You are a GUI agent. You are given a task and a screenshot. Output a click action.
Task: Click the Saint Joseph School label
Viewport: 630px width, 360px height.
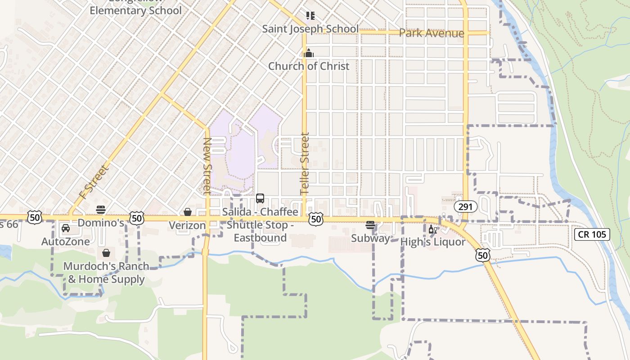(x=310, y=29)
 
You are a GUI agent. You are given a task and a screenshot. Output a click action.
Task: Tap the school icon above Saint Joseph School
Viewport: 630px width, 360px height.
(x=310, y=16)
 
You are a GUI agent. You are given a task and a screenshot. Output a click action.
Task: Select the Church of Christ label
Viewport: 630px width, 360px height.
(x=309, y=66)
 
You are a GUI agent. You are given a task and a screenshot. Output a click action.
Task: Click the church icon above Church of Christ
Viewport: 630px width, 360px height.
(x=308, y=53)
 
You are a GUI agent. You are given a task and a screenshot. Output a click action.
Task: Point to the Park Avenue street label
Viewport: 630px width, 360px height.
(x=431, y=33)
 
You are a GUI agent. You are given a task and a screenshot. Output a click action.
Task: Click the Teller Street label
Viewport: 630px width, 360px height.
(x=305, y=163)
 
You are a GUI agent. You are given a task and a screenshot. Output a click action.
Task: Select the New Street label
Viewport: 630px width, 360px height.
(x=207, y=166)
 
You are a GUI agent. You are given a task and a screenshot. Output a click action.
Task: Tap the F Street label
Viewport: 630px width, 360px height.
(x=94, y=182)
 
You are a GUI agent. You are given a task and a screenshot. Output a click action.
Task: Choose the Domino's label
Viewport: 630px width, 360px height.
(x=101, y=223)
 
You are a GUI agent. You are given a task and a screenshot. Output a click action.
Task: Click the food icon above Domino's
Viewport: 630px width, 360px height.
(x=101, y=210)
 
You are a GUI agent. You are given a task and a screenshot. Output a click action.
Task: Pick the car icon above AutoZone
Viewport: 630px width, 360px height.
(x=66, y=228)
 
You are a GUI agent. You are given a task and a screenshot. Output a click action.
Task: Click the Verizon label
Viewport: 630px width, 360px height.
(x=187, y=225)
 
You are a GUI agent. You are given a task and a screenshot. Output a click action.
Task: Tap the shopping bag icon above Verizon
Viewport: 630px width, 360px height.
(x=188, y=211)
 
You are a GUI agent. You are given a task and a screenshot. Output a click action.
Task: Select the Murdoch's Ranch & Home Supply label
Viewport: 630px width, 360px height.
(x=106, y=272)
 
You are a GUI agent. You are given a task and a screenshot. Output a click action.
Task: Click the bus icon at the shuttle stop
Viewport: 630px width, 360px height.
(x=260, y=198)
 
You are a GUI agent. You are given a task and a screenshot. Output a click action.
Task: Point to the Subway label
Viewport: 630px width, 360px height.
(x=370, y=238)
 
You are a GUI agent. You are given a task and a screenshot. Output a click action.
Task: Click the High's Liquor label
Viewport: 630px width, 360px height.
(x=433, y=242)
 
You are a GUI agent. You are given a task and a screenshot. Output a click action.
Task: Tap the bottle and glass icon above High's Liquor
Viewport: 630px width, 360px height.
(x=433, y=229)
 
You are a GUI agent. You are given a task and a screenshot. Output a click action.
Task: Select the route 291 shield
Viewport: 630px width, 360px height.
(x=465, y=207)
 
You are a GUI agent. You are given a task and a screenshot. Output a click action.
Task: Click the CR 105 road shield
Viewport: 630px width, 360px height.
(x=592, y=234)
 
